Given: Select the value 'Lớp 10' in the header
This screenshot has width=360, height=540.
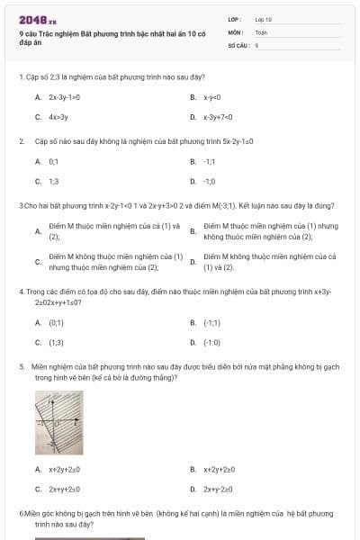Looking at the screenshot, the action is (x=264, y=18).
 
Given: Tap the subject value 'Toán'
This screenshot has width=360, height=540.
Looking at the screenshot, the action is (x=261, y=31).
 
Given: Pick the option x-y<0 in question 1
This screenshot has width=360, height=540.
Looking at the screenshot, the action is (x=212, y=96).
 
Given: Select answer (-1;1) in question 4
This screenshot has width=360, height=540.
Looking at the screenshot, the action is (x=212, y=321).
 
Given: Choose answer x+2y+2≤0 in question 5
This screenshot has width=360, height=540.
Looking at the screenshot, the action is (x=65, y=469).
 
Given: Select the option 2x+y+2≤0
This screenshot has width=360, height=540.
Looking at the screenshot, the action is (x=65, y=490).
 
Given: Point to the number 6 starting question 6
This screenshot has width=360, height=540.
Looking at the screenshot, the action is (x=21, y=512).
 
